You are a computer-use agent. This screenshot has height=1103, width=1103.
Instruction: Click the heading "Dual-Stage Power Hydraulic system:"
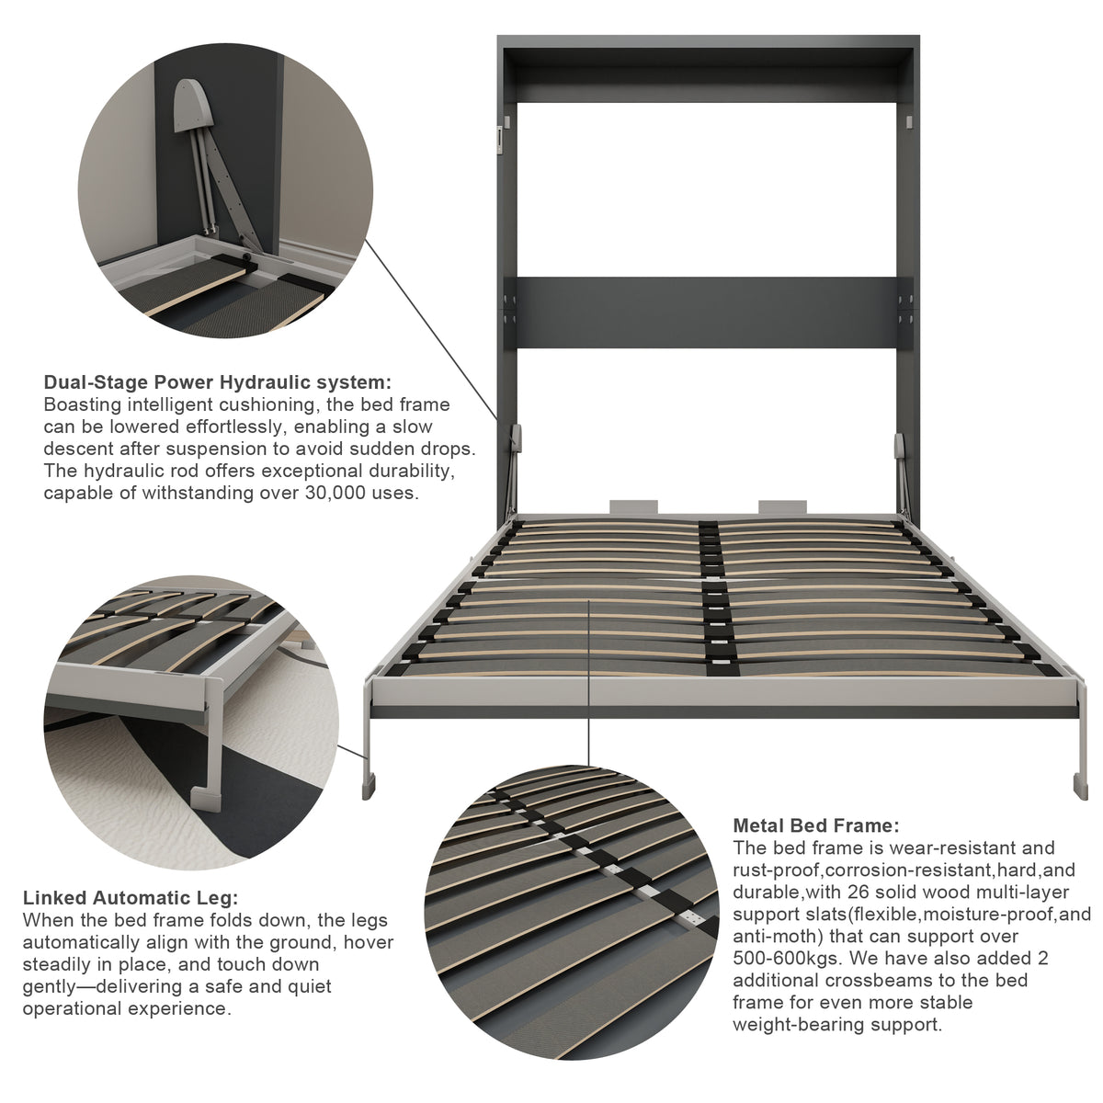pyautogui.click(x=218, y=381)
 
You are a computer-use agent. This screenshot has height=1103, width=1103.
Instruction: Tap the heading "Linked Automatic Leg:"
pyautogui.click(x=131, y=897)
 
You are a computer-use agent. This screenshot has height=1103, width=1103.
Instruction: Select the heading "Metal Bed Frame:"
pyautogui.click(x=816, y=825)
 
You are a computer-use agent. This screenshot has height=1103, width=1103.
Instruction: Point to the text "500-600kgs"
pyautogui.click(x=786, y=958)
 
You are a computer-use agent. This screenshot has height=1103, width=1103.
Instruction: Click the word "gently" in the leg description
pyautogui.click(x=52, y=987)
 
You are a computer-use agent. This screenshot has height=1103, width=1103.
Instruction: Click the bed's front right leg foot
pyautogui.click(x=1080, y=788)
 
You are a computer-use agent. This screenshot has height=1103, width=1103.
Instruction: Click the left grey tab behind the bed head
pyautogui.click(x=633, y=507)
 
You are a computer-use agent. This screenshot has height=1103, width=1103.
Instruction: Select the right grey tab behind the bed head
pyautogui.click(x=782, y=507)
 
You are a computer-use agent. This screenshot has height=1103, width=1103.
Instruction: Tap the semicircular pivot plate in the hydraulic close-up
pyautogui.click(x=193, y=106)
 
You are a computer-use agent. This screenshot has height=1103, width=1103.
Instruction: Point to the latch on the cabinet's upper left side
pyautogui.click(x=499, y=140)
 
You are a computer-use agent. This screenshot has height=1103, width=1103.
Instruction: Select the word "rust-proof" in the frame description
pyautogui.click(x=778, y=870)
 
